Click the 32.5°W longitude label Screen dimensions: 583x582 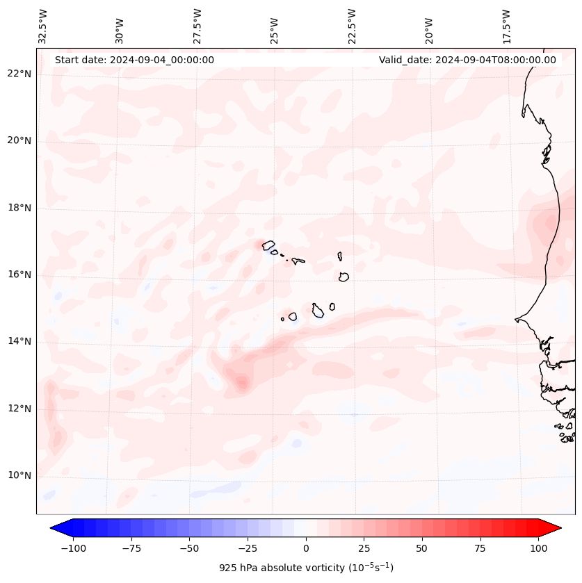[43, 26]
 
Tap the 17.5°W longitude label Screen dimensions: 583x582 [506, 26]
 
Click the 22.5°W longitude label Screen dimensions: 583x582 [352, 26]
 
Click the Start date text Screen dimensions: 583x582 [134, 60]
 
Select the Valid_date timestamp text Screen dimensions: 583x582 [467, 60]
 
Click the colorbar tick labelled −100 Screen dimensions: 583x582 [73, 548]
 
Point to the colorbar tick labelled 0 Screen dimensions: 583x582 [305, 548]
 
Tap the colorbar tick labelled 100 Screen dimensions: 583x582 [538, 548]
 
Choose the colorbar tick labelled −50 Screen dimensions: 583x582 [189, 548]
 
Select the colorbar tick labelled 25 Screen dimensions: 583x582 [364, 548]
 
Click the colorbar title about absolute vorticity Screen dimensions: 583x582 [306, 568]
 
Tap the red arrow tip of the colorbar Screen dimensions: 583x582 [557, 528]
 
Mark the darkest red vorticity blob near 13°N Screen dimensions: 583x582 [241, 381]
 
